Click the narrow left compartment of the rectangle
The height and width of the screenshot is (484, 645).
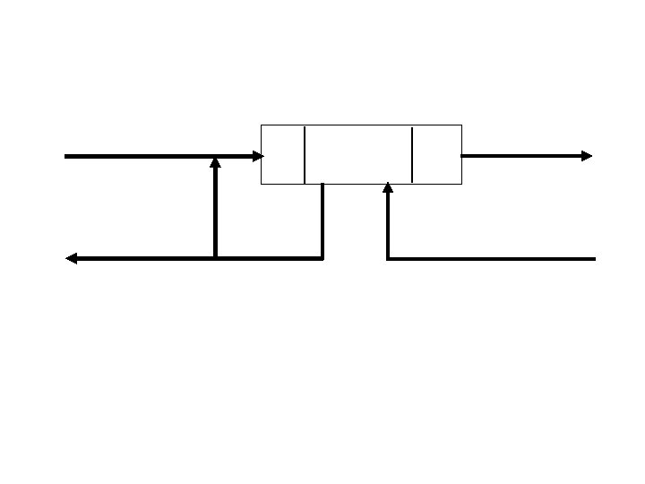click(x=282, y=154)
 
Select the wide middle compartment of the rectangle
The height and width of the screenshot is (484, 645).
click(x=358, y=154)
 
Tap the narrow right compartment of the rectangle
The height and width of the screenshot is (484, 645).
click(x=437, y=154)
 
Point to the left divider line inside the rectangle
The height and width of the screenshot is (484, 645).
click(x=305, y=154)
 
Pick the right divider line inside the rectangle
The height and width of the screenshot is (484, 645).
click(x=412, y=154)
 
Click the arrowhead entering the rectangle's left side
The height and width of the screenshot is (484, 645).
click(x=258, y=156)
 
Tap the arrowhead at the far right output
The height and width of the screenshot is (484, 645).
click(x=586, y=156)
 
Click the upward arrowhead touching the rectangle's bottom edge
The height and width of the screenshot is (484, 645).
click(x=388, y=188)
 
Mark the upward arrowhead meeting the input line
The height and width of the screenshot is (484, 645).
click(x=215, y=163)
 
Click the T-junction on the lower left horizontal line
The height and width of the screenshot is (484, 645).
click(x=215, y=258)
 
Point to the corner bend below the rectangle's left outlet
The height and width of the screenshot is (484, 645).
click(x=322, y=258)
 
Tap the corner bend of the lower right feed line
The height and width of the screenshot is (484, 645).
click(x=388, y=258)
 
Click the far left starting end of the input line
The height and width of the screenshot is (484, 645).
click(x=66, y=156)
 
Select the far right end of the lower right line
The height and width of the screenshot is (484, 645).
click(x=594, y=258)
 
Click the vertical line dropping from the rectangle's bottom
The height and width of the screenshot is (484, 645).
click(x=322, y=220)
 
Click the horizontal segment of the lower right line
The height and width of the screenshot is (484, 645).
click(x=493, y=258)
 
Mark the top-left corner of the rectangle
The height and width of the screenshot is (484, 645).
click(x=261, y=125)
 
